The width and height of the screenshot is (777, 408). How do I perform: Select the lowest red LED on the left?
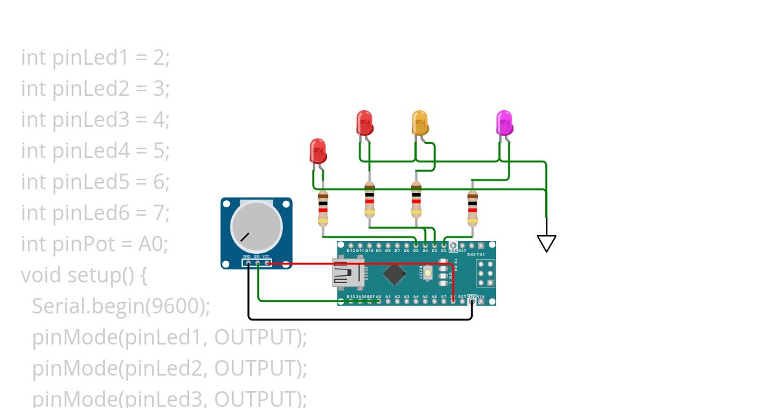point(318,151)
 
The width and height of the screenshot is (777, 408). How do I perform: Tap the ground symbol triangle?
point(546,243)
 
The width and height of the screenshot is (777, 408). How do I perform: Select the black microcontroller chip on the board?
point(394,273)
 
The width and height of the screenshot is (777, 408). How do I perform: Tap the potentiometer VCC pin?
point(267,262)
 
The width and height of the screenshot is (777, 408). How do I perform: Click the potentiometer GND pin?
point(247,262)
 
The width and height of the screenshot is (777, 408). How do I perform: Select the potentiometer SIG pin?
point(257,262)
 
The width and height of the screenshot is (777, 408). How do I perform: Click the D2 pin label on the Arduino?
point(444,250)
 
